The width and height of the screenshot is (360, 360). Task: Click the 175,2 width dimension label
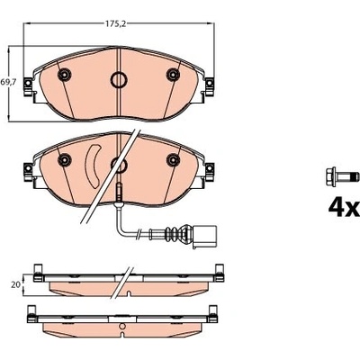[x=115, y=24]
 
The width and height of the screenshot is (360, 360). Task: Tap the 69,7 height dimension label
[x=8, y=82]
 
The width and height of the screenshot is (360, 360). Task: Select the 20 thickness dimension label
[x=15, y=284]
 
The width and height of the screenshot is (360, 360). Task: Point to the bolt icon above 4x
[x=342, y=175]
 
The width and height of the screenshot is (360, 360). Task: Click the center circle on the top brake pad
[x=119, y=79]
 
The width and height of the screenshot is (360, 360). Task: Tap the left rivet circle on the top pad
[x=64, y=75]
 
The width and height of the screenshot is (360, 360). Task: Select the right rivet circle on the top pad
[x=173, y=75]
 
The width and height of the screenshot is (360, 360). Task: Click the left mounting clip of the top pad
[x=28, y=87]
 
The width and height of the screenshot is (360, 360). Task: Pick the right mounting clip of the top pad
[x=210, y=87]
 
